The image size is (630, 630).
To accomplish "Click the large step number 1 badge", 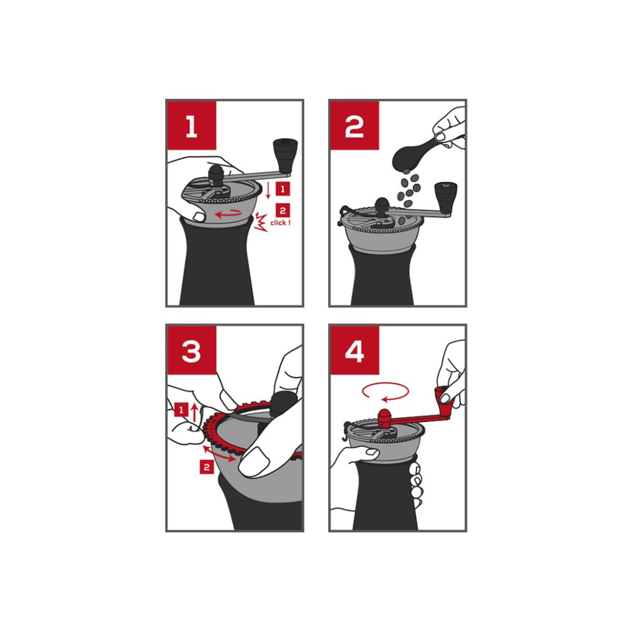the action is coord(192,125).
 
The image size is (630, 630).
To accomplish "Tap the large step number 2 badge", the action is coord(354,125).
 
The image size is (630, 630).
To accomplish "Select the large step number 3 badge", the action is coord(192,350).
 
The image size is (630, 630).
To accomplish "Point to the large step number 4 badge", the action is coord(354,350).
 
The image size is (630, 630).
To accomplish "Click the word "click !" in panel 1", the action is coord(280,222).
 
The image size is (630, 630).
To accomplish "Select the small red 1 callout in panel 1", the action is coord(283,189).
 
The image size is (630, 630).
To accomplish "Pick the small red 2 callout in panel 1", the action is coord(283,210).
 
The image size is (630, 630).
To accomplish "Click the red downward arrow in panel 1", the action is coord(268,190).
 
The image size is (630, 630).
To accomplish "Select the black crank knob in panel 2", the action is coord(445,198).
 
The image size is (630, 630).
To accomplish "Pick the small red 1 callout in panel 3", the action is coord(181,410).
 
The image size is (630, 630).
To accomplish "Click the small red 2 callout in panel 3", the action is coord(207,467).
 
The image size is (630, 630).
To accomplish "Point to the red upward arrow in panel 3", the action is coord(195,413).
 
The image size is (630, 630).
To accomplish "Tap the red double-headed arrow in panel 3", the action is coord(219,453).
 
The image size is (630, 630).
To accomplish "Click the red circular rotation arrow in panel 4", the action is coord(386,391).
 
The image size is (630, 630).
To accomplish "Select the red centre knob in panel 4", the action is coord(384,419).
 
